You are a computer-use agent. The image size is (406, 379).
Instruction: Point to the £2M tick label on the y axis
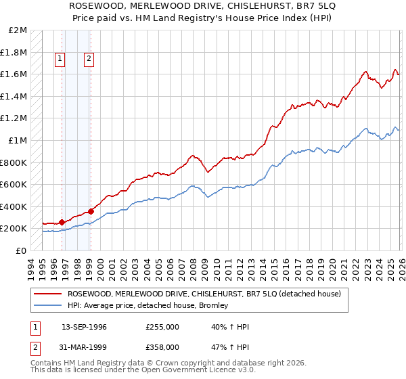coord(18,30)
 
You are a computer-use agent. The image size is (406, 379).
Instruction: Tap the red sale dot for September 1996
coord(62,222)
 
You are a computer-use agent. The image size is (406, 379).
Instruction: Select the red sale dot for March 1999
coord(91,211)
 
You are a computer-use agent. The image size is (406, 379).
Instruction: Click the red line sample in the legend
coord(47,294)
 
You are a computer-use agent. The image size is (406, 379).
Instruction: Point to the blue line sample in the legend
coord(47,305)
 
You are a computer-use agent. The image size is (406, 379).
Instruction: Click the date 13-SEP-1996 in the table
coord(84,327)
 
